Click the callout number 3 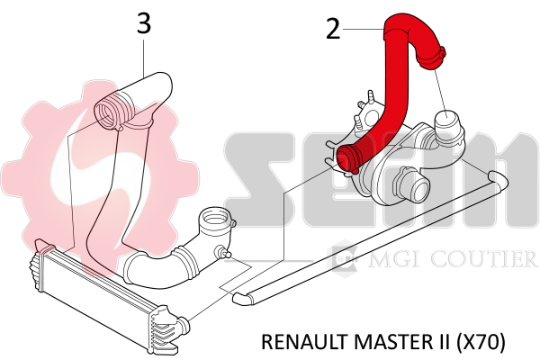(144, 23)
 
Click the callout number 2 (333, 29)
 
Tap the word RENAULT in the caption (304, 342)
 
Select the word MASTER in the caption (390, 342)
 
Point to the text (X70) (481, 342)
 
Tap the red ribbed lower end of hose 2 (348, 158)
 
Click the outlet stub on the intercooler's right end (184, 323)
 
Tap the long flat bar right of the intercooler (370, 237)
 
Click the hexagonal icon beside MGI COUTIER (342, 258)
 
